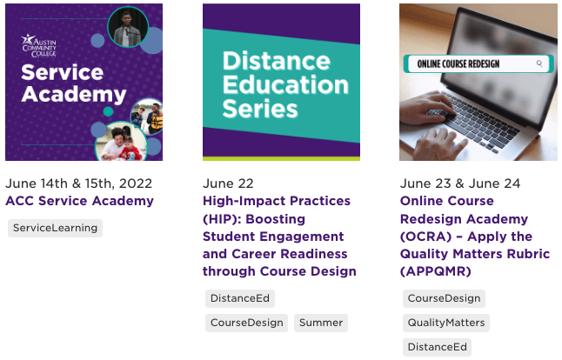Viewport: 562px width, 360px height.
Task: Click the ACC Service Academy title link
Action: click(x=79, y=201)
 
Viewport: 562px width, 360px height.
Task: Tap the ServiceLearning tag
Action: click(x=55, y=228)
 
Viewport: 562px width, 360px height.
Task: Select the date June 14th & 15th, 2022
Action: click(x=78, y=183)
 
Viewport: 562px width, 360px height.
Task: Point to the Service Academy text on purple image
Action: click(x=62, y=83)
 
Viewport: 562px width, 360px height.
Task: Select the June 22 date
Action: click(x=228, y=183)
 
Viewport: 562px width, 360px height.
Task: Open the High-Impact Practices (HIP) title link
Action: click(x=279, y=236)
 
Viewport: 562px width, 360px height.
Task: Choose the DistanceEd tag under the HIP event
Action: click(x=240, y=298)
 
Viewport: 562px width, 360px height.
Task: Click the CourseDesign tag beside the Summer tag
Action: click(x=247, y=323)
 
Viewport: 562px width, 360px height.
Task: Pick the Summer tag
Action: click(x=320, y=323)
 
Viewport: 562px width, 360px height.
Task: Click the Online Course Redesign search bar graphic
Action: click(x=478, y=63)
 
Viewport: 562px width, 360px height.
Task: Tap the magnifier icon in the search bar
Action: click(x=540, y=63)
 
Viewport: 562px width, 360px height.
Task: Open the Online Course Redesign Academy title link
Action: click(x=475, y=236)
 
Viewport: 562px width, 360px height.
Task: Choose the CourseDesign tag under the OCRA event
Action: click(x=444, y=298)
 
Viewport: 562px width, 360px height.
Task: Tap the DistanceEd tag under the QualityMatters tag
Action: click(x=437, y=347)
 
